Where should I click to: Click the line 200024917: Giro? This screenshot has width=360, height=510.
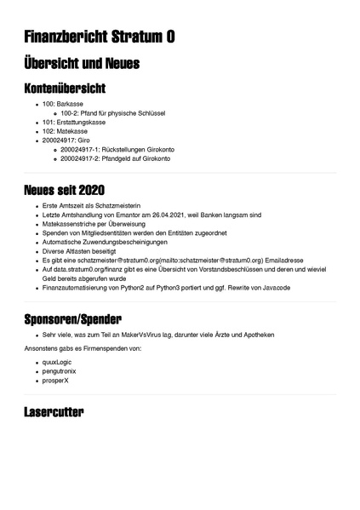(66, 140)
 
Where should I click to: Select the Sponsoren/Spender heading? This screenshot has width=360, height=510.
(82, 319)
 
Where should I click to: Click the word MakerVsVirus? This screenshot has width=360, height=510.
(139, 335)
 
